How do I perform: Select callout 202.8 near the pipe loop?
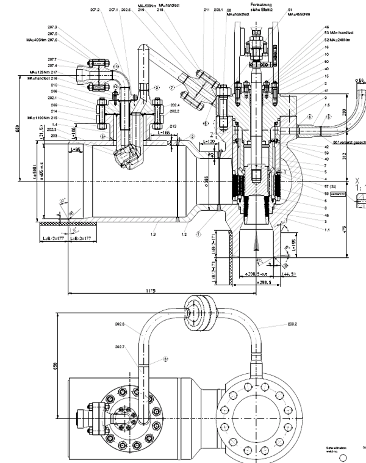tap(119, 324)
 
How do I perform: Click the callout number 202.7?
tap(119, 347)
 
